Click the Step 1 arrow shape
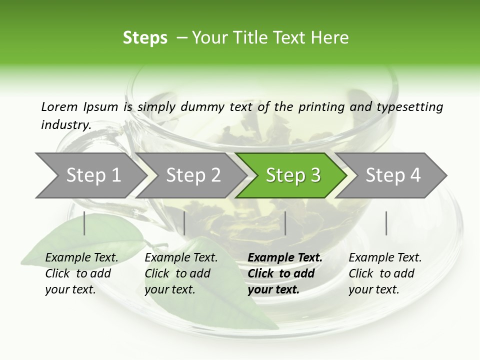pos(90,175)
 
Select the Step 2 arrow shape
pos(192,175)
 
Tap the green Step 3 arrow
pos(292,175)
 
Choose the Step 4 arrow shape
pos(393,175)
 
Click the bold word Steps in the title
pos(145,38)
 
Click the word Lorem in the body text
pos(59,106)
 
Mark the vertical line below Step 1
pos(84,223)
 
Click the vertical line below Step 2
pos(184,223)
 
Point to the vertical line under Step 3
pos(285,223)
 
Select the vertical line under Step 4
pos(386,223)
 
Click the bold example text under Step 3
pos(284,273)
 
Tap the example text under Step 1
pos(81,273)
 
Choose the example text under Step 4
pos(384,273)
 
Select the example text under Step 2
pos(180,273)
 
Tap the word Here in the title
pos(330,38)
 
